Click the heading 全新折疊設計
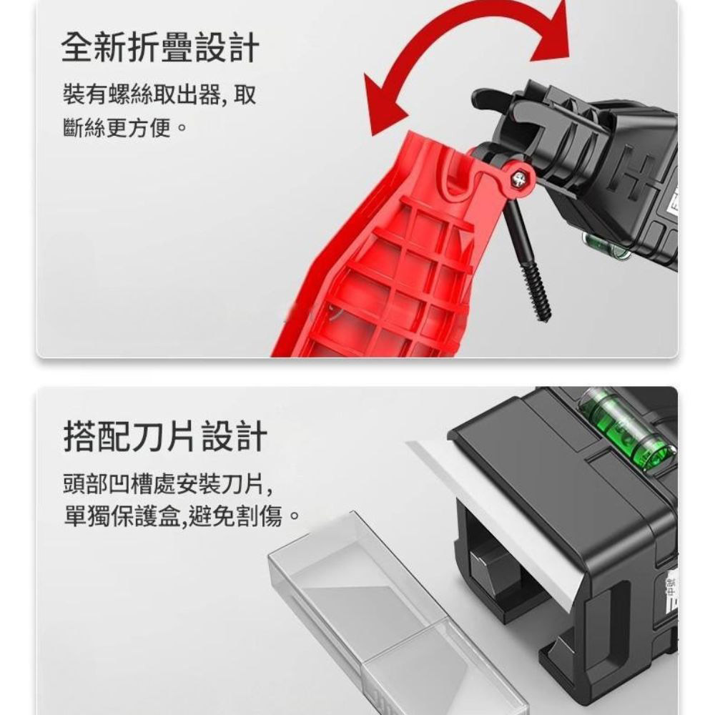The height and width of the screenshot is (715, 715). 159,48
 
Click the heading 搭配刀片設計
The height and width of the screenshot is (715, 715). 165,436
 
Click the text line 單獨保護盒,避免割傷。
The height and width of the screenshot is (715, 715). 182,516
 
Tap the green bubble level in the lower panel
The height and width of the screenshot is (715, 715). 626,429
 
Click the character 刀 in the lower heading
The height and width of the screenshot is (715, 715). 143,436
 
